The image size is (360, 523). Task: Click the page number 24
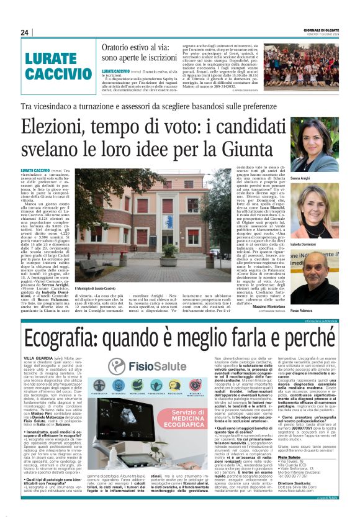pos(25,32)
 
